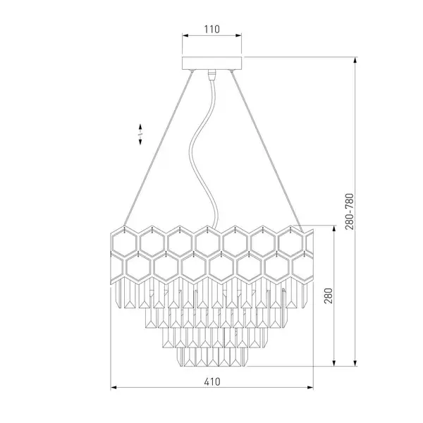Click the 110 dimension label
coord(211,29)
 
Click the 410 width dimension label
coord(212,381)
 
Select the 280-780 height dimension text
coord(350,211)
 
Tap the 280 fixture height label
coord(329,295)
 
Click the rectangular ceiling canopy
coord(211,63)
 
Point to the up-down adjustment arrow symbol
coord(140,135)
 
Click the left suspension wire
coord(159,148)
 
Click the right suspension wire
coord(267,151)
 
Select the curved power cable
coord(204,151)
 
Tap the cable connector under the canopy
coord(212,75)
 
